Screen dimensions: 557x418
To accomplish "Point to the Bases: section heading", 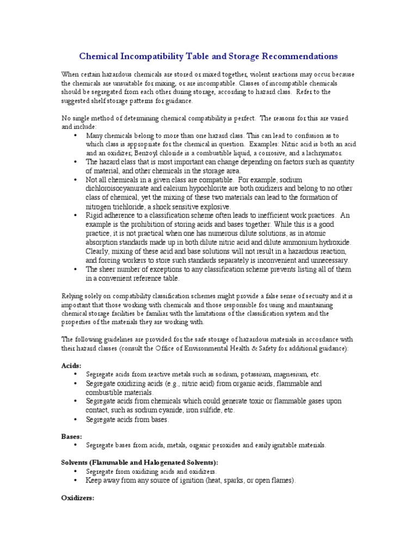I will pos(71,436).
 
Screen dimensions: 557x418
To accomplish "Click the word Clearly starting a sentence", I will pos(98,251).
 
